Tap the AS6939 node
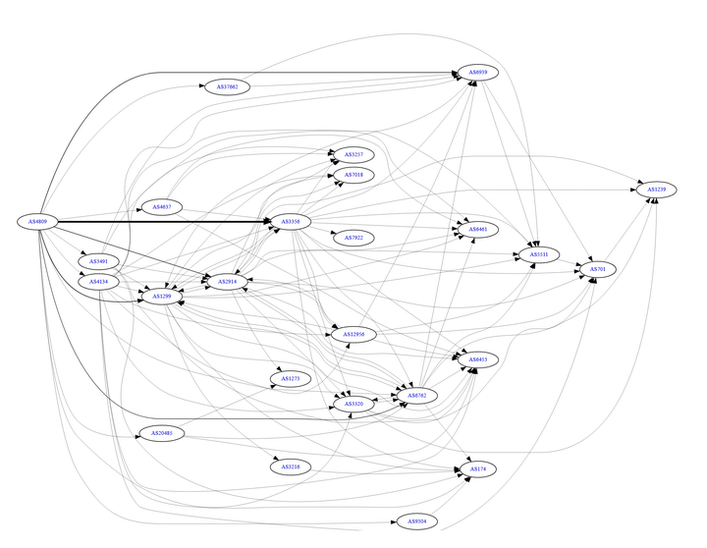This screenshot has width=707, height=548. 478,73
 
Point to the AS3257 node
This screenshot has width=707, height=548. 353,155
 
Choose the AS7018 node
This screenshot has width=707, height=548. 353,175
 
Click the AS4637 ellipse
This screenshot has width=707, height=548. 162,206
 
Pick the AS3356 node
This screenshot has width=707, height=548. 291,222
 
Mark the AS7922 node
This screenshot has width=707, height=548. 353,237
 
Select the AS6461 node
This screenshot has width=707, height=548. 477,229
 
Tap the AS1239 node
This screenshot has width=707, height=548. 656,189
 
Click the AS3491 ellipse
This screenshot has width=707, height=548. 98,261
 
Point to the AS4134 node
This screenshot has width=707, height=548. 98,282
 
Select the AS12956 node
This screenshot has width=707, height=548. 353,335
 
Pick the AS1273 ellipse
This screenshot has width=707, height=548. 291,378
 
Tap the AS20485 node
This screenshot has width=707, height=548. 162,433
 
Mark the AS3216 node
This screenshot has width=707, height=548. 291,466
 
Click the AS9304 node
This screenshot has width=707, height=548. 414,521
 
